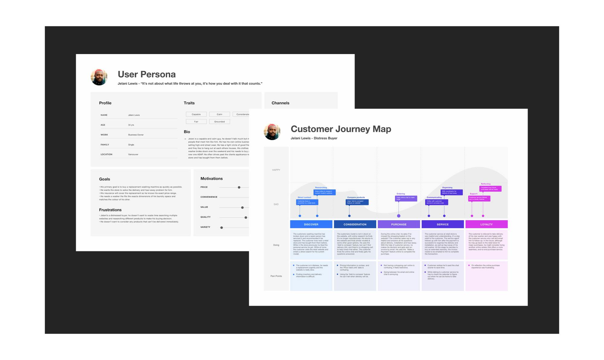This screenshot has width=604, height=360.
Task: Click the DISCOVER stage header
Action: pos(311,224)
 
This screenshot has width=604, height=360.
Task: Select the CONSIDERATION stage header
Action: pos(355,224)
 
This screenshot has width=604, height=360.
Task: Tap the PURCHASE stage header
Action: pos(399,224)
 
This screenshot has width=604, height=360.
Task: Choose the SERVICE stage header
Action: pos(442,224)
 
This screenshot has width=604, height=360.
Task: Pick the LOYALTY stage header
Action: pos(486,224)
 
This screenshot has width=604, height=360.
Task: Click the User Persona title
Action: pos(146,74)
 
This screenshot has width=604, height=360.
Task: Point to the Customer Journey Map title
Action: pos(341,129)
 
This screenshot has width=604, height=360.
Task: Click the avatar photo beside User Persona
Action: pos(99,77)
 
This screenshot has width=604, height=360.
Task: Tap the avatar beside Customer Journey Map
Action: pos(272,132)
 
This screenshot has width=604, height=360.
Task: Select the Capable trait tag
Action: pos(196,114)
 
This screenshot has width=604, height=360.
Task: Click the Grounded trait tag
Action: pos(220,122)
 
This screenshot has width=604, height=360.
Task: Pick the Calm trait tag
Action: pos(220,114)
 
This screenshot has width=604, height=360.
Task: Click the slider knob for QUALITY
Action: pos(246,217)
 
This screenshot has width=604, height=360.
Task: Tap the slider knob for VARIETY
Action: pos(222,227)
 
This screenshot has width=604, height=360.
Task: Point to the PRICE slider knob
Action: pos(239,187)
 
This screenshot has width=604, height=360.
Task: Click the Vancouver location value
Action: pos(133,154)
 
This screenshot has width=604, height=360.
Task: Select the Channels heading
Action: pos(280,103)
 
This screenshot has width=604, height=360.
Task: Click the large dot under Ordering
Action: pos(399,216)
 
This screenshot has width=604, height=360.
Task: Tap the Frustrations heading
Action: pos(110,210)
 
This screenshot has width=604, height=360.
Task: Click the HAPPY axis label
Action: pos(276,170)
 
